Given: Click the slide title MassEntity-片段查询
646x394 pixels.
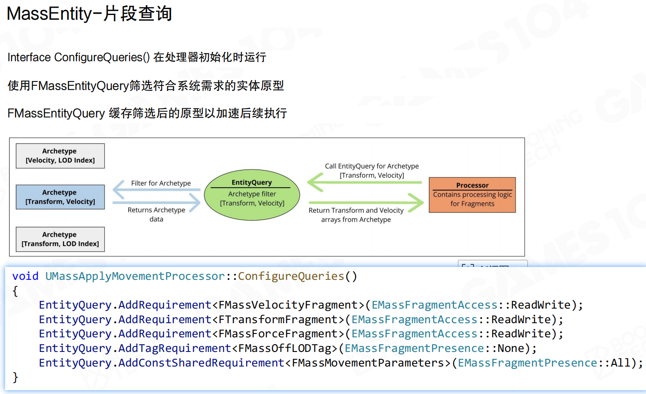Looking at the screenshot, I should click(x=89, y=14).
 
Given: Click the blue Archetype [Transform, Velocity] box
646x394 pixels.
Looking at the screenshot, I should click(x=60, y=197).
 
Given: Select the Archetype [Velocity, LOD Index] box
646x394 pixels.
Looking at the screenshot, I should click(x=60, y=156).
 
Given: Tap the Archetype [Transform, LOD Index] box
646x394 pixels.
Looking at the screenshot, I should click(x=60, y=239).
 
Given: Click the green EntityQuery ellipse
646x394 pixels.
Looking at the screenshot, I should click(x=252, y=195).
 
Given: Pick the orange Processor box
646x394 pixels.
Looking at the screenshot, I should click(x=472, y=195).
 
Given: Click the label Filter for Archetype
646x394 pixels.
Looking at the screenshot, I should click(x=161, y=183).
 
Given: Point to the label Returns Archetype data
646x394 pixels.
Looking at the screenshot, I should click(x=156, y=214).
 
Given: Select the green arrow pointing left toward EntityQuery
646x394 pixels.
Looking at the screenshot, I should click(x=365, y=182).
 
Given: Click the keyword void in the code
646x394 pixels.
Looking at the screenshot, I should click(x=25, y=276).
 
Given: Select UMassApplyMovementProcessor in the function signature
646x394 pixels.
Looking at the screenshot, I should click(x=135, y=276).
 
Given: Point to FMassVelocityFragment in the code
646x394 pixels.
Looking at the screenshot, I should click(x=288, y=305).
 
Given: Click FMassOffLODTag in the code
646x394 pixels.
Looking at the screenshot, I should click(x=284, y=348).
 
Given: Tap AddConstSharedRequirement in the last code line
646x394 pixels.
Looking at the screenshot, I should click(x=201, y=363).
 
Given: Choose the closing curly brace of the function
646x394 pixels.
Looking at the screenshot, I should click(x=15, y=377).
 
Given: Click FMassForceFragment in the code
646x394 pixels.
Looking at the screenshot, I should click(x=278, y=333).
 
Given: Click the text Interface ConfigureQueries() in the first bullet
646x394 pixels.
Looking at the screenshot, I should click(x=78, y=58).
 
